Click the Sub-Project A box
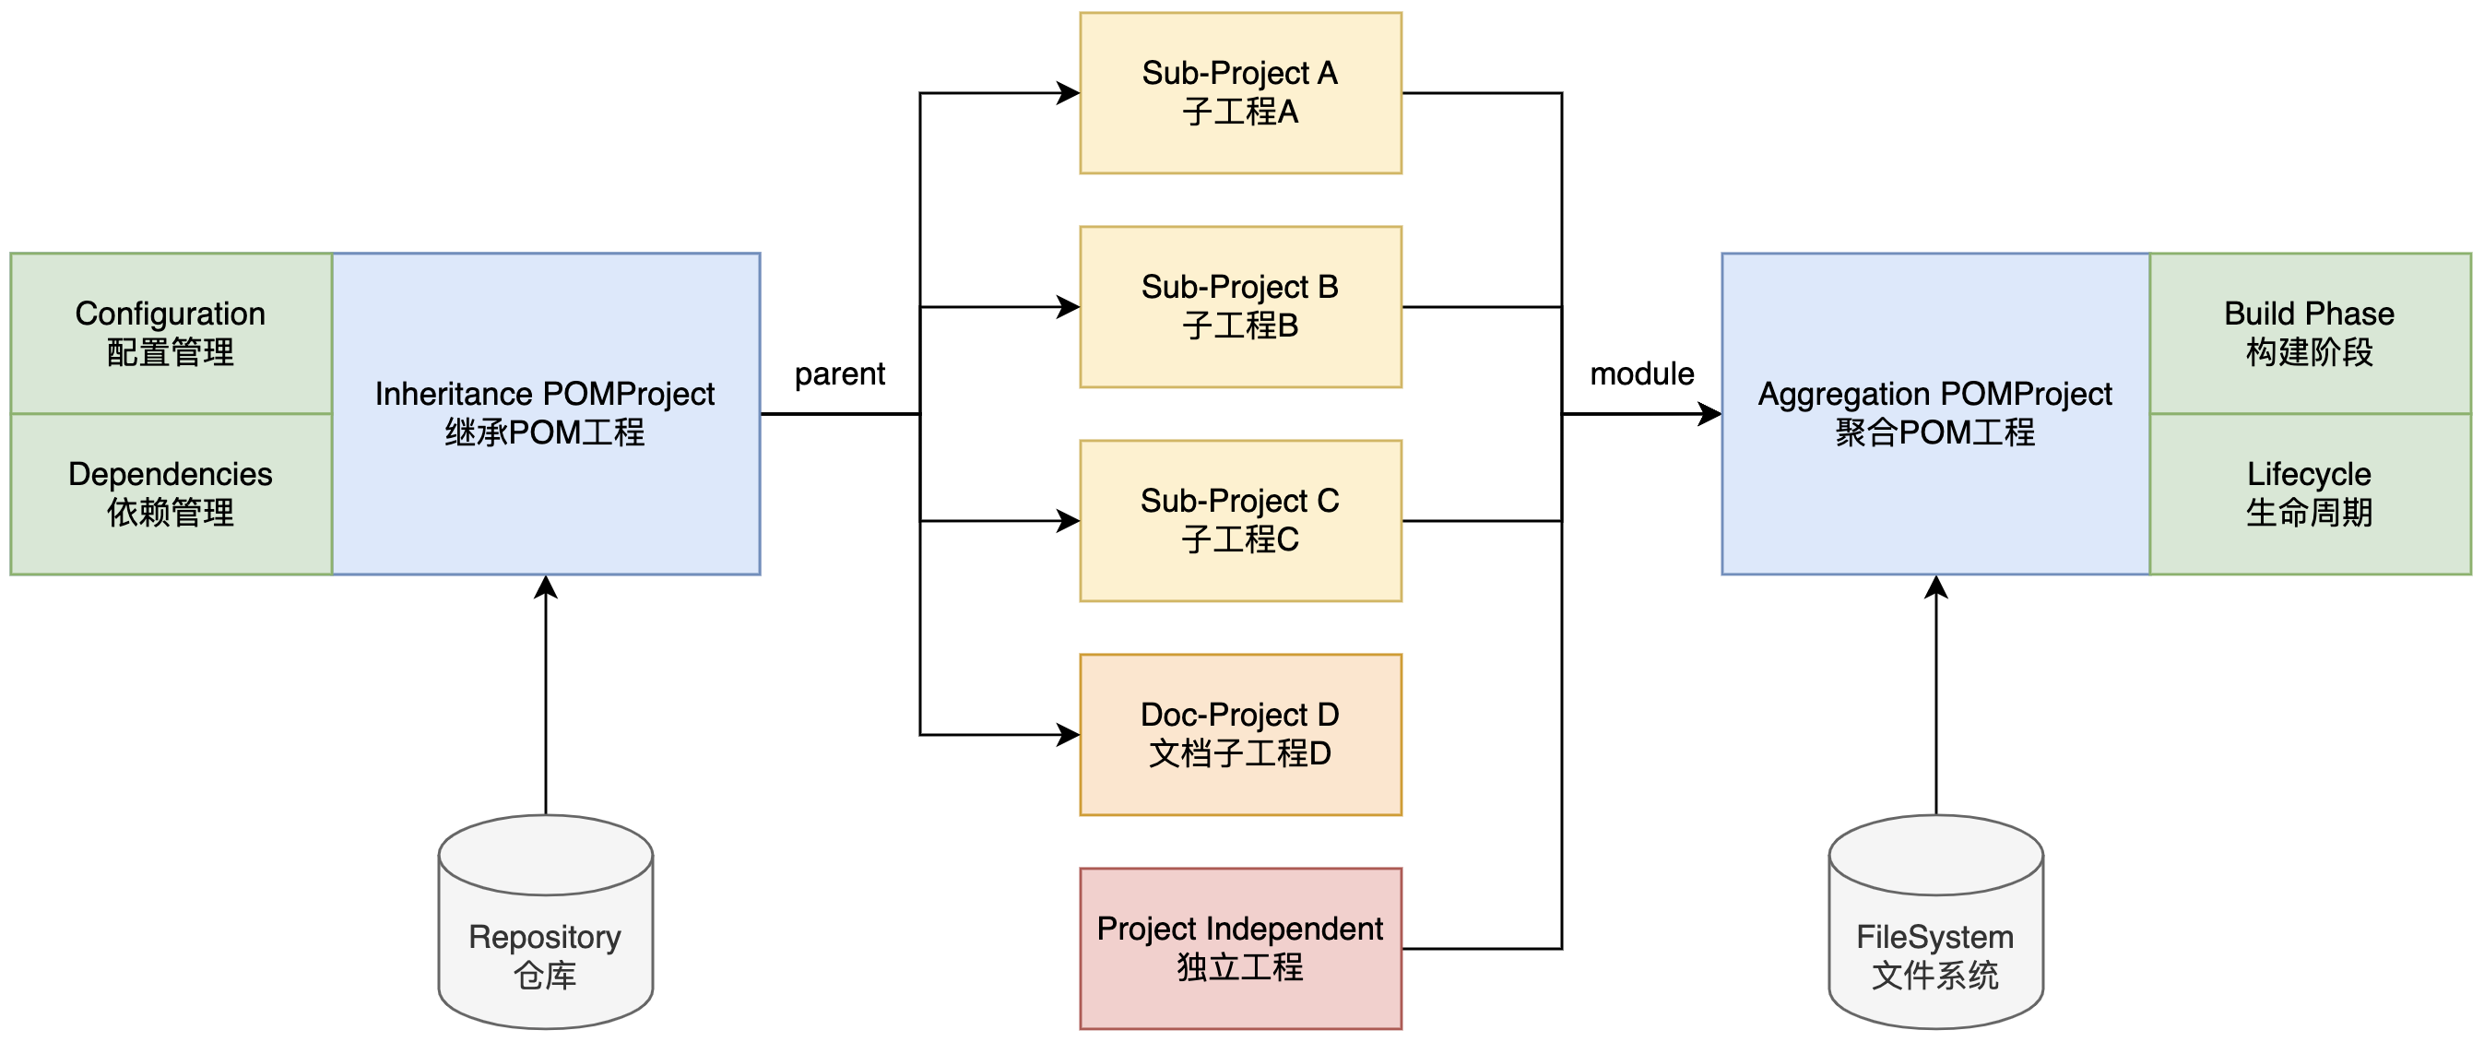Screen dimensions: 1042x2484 pos(1240,92)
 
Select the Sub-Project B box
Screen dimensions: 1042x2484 pos(1240,306)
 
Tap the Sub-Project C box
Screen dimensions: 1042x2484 pos(1240,520)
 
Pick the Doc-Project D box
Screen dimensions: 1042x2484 pos(1240,735)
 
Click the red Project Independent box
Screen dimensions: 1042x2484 pos(1240,949)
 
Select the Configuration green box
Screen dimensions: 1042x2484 pos(171,333)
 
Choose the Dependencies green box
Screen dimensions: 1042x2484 pos(171,493)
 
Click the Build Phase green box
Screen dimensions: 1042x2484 pos(2310,333)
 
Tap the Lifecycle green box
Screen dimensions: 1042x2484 pos(2310,493)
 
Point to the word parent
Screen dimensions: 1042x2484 pos(839,374)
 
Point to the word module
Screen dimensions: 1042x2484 pos(1641,374)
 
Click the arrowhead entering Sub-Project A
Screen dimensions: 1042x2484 pos(1069,93)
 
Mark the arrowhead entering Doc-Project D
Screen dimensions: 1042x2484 pos(1069,735)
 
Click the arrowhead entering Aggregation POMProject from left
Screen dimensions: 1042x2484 pos(1709,414)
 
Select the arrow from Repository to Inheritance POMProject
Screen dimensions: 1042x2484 pos(546,694)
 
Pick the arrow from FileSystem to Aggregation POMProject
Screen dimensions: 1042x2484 pos(1936,694)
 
